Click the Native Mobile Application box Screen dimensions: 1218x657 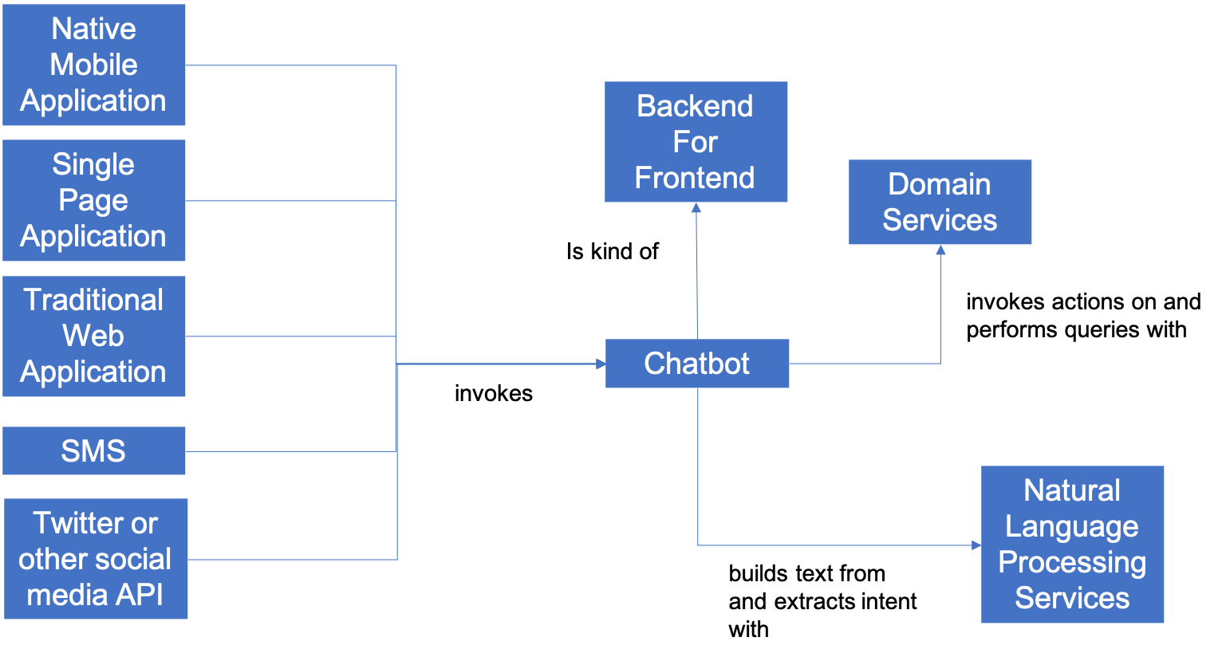(93, 65)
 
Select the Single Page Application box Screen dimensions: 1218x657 (93, 200)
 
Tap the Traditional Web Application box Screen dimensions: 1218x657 (93, 336)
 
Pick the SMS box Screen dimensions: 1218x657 (93, 450)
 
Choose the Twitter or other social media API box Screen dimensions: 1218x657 (96, 559)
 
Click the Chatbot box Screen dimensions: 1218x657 (697, 364)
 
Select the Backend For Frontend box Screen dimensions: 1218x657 (696, 142)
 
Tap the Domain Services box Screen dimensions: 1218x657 (940, 202)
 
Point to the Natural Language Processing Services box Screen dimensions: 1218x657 (1072, 544)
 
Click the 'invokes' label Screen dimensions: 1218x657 (494, 393)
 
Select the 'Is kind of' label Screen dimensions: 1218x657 (613, 252)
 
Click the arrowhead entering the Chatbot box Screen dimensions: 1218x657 (601, 364)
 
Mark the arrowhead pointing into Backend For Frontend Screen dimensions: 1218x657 (696, 207)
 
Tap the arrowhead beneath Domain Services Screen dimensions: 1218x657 (940, 250)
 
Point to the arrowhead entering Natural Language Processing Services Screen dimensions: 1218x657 (976, 545)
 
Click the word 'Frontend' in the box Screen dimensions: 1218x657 (695, 178)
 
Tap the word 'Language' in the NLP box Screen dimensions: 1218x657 (1072, 527)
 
